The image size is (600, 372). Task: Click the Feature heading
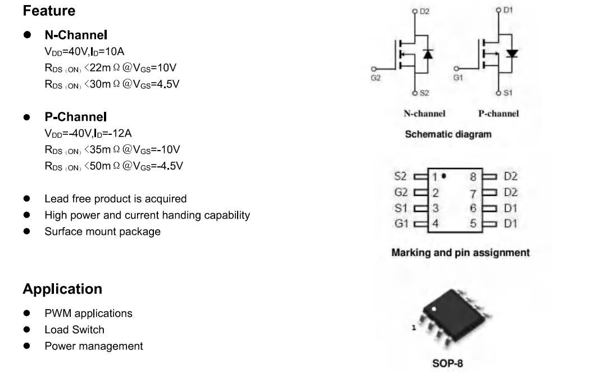coord(49,11)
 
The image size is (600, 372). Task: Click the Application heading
coord(62,289)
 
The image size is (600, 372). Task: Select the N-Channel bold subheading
coord(76,35)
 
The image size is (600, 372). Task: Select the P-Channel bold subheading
coord(75,117)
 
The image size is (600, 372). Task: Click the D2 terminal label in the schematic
coord(424,11)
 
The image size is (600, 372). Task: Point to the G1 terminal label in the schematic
coord(458,78)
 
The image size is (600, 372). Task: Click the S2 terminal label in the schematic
coord(424,93)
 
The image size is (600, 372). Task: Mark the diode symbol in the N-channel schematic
coord(428,54)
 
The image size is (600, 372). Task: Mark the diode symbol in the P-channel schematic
coord(512,53)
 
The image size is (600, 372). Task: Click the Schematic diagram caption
coord(448,134)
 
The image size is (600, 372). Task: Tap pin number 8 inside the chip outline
coord(473,177)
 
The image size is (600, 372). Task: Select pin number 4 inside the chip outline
coord(435,224)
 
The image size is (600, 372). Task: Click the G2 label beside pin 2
coord(401,192)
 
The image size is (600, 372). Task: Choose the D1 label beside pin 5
coord(511,224)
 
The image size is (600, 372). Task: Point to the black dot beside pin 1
coord(444,176)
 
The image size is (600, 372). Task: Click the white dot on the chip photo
coord(434,309)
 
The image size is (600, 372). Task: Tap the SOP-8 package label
coord(447,363)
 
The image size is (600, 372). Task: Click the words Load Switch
coord(74,329)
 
